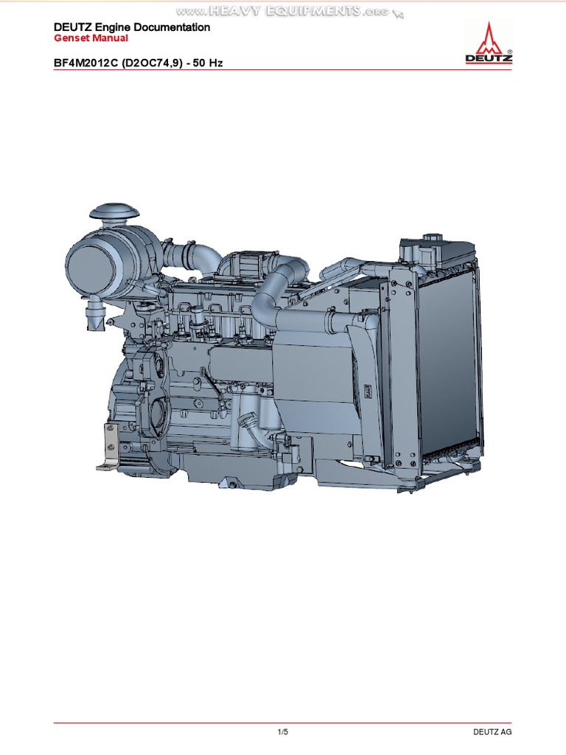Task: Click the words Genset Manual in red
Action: coord(91,38)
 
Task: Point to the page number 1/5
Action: coord(283,732)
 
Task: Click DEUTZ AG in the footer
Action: coord(492,732)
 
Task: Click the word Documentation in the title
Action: coord(172,27)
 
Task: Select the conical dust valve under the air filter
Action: coord(94,316)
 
